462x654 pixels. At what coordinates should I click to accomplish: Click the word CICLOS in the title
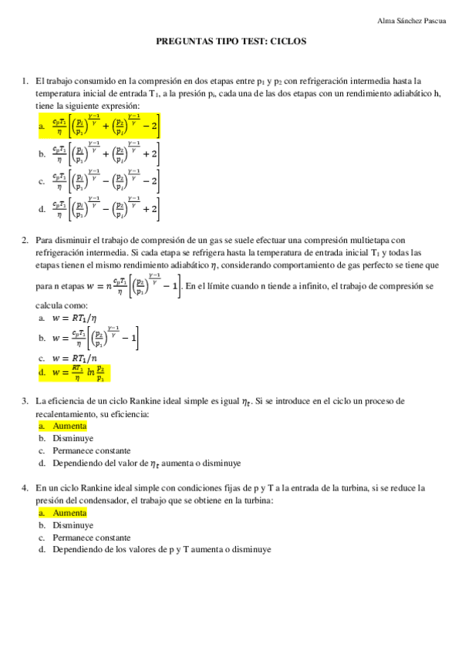[287, 43]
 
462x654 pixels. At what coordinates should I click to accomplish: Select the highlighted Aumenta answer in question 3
[69, 426]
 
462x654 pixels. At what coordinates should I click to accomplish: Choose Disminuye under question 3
[73, 438]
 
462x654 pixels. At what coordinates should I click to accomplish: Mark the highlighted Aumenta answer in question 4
[69, 513]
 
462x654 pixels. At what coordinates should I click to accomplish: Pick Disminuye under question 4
[73, 525]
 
